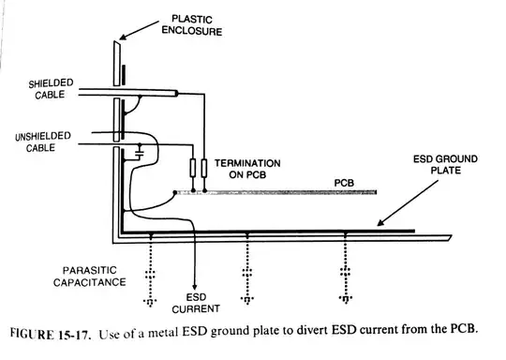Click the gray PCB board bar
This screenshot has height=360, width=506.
click(x=281, y=192)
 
